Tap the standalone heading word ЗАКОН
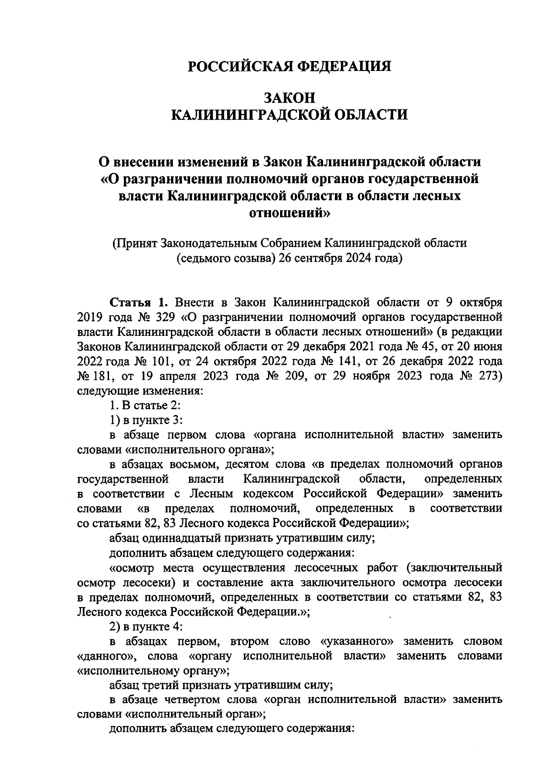point(289,98)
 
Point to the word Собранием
point(288,243)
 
